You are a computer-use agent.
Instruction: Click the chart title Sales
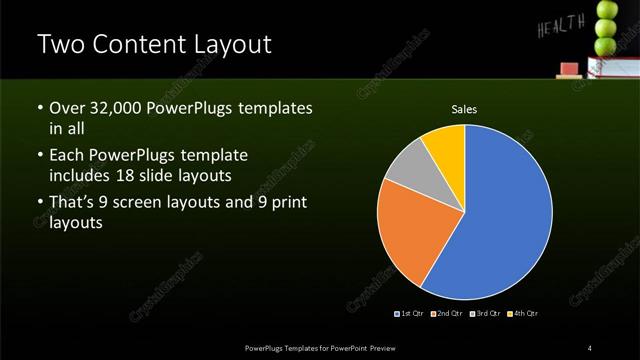pos(464,109)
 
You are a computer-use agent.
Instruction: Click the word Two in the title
pos(59,45)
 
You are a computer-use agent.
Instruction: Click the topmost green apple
pos(607,10)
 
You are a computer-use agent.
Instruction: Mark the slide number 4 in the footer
pos(590,347)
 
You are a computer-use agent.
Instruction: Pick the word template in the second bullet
pos(212,155)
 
